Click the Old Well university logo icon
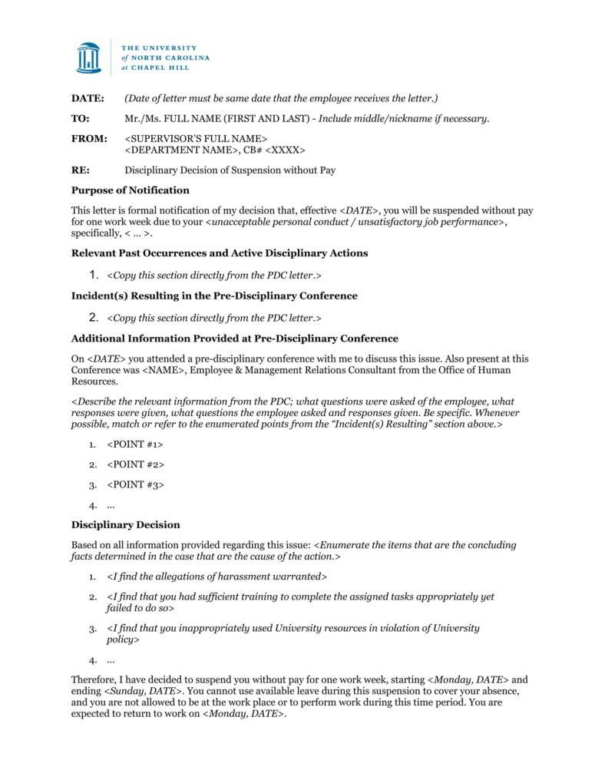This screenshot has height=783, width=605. pos(88,58)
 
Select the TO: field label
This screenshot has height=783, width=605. pos(80,118)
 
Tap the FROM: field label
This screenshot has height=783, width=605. pos(86,139)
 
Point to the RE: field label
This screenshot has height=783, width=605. pos(80,170)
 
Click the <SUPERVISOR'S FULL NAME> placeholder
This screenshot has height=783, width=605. pos(196,139)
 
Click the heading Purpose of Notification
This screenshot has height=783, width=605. pos(130,190)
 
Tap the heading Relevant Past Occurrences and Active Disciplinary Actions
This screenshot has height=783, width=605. pos(219,253)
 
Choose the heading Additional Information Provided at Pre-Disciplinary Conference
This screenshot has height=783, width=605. pos(234,339)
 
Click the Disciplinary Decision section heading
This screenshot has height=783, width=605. pos(125,525)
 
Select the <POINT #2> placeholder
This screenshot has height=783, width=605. pos(135,464)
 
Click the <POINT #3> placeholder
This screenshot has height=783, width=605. pos(135,484)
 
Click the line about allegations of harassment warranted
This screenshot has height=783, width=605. pos(217,577)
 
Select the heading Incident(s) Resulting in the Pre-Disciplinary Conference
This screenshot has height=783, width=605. pos(213,296)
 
